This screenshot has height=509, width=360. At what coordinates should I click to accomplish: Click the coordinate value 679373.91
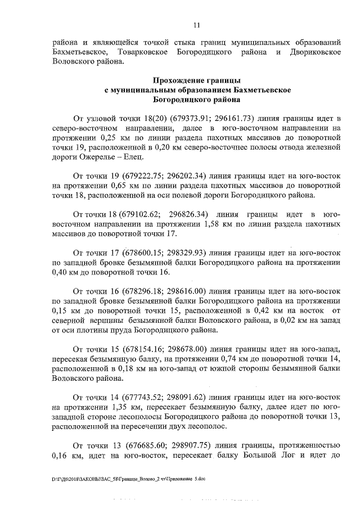[183, 119]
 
